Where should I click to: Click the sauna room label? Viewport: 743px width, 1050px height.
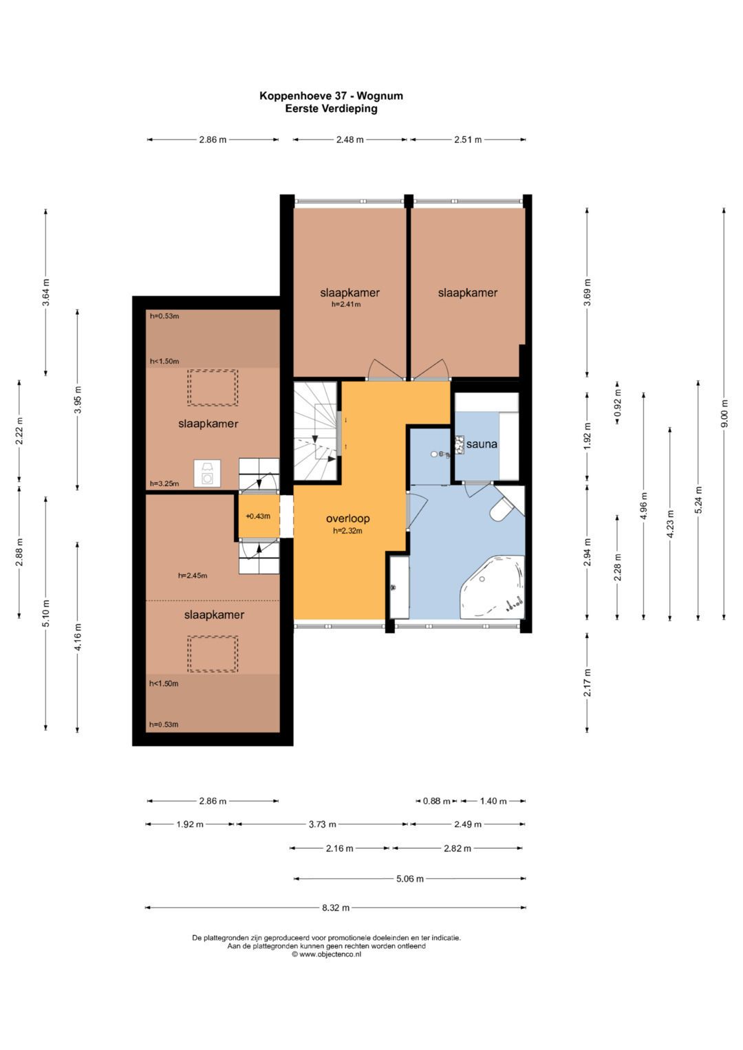click(x=482, y=444)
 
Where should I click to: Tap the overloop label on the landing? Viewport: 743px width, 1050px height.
click(x=347, y=518)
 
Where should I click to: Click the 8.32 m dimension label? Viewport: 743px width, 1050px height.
click(x=336, y=908)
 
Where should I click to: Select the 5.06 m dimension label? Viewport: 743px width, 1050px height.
click(x=409, y=878)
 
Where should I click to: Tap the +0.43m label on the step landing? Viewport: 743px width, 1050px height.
click(x=257, y=516)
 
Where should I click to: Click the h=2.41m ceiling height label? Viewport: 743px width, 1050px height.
click(x=346, y=304)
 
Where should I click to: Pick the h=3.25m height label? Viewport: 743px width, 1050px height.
click(x=164, y=483)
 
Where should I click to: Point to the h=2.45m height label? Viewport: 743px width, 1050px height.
click(x=193, y=576)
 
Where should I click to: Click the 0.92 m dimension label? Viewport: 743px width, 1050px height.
click(x=617, y=403)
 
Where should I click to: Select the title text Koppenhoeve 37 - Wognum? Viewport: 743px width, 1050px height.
click(x=331, y=96)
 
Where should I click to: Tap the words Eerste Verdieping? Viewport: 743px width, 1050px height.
click(x=331, y=109)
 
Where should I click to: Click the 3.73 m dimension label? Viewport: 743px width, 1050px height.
click(x=322, y=824)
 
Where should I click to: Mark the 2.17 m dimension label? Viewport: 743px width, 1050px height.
click(x=588, y=682)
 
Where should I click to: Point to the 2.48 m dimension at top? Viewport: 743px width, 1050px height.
click(x=349, y=139)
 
